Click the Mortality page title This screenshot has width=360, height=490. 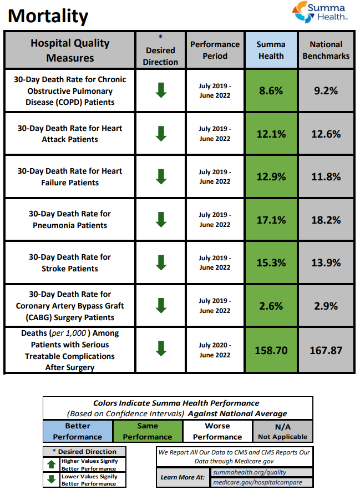[x=48, y=16]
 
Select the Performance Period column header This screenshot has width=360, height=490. [x=215, y=50]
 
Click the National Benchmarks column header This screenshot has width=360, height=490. [x=326, y=50]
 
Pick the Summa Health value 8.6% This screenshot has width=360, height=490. [x=271, y=90]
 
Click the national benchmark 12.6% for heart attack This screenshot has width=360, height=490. [x=326, y=134]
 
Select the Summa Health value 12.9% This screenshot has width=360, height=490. [x=271, y=176]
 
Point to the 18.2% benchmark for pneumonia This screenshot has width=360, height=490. [x=326, y=220]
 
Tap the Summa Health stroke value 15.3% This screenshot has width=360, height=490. [x=271, y=262]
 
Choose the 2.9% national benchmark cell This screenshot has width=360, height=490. [x=326, y=306]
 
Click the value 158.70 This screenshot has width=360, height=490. [x=271, y=350]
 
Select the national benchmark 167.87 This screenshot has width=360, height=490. [x=326, y=350]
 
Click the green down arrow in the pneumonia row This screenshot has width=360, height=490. [x=161, y=219]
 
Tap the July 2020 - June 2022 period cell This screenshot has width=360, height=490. [x=215, y=350]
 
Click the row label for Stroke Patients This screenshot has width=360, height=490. [x=70, y=262]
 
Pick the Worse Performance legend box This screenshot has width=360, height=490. [x=217, y=431]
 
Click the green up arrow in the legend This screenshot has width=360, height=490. [x=52, y=464]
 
